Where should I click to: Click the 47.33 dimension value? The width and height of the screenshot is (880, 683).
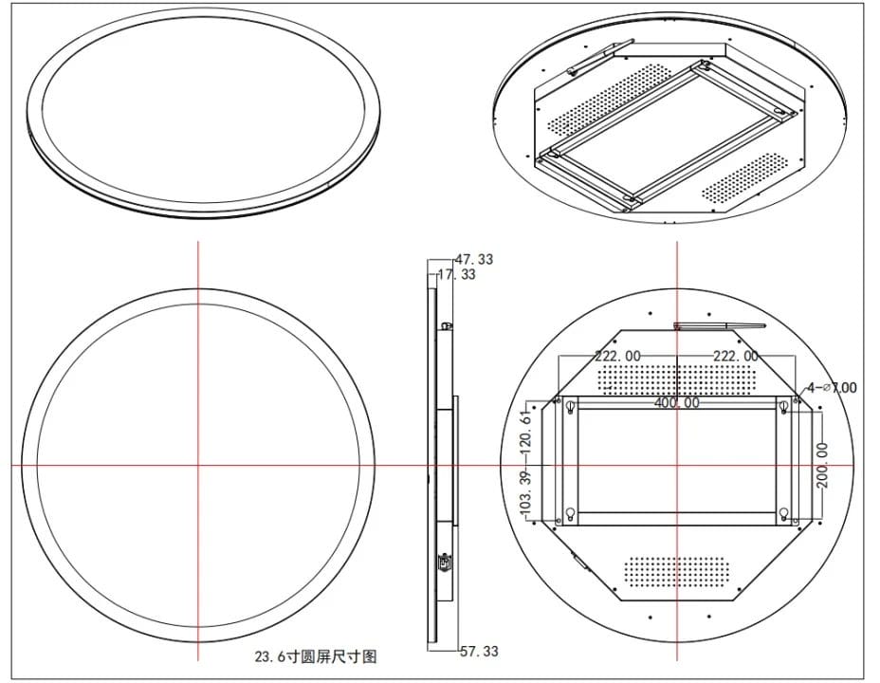click(474, 259)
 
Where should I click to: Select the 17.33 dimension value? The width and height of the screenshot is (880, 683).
click(456, 274)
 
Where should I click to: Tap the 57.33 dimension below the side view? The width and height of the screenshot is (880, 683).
click(479, 651)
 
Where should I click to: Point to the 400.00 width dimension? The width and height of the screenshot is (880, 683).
click(677, 402)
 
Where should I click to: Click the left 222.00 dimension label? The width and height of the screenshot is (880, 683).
click(618, 356)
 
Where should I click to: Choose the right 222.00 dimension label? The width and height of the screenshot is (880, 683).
click(736, 356)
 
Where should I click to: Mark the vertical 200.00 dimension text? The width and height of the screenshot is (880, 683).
click(823, 465)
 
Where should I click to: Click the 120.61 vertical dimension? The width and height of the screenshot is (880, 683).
click(526, 433)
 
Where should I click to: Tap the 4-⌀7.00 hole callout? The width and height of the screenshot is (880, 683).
click(832, 387)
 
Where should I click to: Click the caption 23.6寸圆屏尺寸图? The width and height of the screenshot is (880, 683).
click(316, 656)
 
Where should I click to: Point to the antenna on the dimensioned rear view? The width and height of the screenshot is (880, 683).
click(719, 325)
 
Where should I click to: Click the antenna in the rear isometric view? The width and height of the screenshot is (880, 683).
click(600, 57)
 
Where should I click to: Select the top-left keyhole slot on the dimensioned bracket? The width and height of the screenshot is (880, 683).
click(570, 406)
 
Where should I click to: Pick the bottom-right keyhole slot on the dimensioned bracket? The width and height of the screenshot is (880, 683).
click(784, 513)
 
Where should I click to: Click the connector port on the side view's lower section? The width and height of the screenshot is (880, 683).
click(444, 562)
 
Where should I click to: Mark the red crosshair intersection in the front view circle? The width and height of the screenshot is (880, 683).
click(198, 465)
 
